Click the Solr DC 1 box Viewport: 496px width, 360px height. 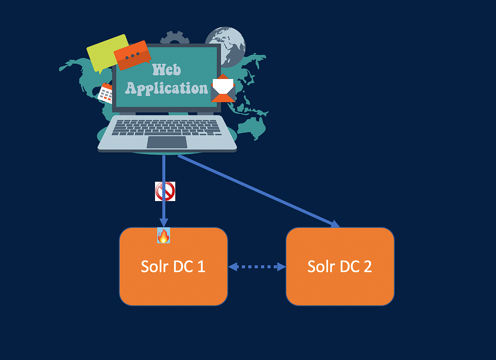click(x=173, y=266)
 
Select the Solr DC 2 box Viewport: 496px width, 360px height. click(x=340, y=266)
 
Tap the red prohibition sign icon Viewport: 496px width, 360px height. click(x=165, y=191)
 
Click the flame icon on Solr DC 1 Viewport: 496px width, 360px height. click(x=164, y=235)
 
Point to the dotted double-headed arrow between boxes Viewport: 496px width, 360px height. click(x=257, y=266)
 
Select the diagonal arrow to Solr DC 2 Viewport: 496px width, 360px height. click(x=259, y=191)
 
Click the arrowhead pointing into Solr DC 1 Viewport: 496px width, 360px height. click(x=164, y=222)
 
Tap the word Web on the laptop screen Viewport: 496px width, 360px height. click(x=167, y=70)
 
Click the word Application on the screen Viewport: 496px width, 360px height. click(x=167, y=88)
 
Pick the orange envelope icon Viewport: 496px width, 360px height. click(x=223, y=88)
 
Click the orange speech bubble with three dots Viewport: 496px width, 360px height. click(x=132, y=55)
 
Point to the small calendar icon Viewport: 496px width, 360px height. click(x=105, y=94)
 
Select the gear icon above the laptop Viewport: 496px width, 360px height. click(x=174, y=37)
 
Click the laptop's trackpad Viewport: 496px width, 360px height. click(x=167, y=142)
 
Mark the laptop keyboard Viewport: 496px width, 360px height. click(x=167, y=127)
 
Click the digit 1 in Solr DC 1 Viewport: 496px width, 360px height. click(x=201, y=266)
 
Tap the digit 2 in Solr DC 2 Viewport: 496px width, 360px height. click(x=368, y=266)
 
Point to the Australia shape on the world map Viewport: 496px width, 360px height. click(x=252, y=128)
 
